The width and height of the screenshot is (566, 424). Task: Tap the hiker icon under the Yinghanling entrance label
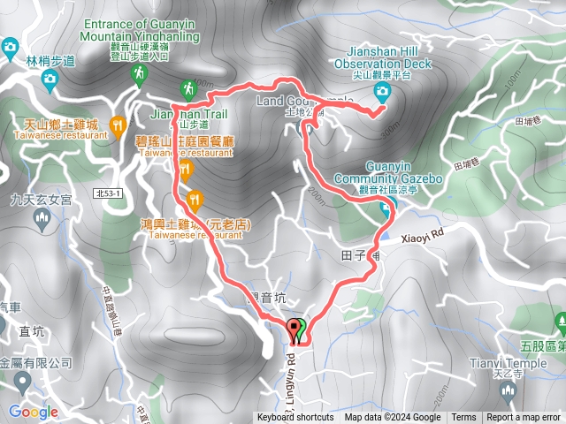(139, 78)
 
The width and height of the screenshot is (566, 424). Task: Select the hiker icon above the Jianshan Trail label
(187, 88)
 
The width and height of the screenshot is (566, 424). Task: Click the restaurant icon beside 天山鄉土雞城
(118, 125)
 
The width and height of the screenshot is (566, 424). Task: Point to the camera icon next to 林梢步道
(50, 80)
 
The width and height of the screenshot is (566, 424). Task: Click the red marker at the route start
(295, 329)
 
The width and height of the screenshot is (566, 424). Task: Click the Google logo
(34, 412)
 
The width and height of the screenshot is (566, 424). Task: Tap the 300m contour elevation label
(386, 132)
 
